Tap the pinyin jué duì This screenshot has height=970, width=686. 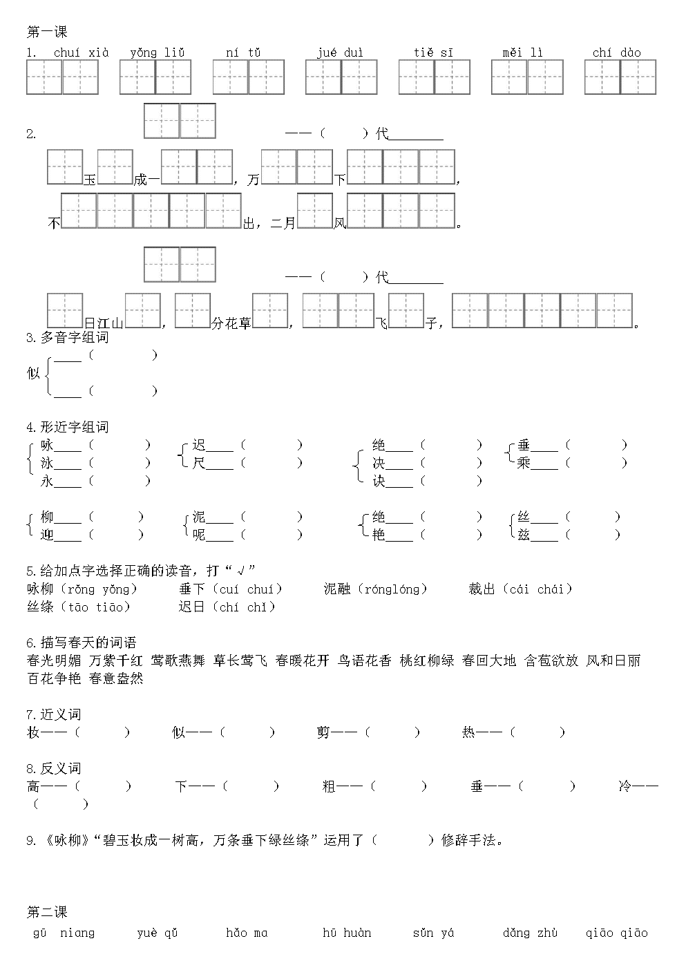tap(340, 53)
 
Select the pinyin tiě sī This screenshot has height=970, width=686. tap(433, 53)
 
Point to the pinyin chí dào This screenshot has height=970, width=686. tap(616, 53)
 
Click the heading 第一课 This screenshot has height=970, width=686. tap(47, 32)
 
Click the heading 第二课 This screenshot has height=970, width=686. tap(47, 912)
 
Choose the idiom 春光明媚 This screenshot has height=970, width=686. tap(54, 660)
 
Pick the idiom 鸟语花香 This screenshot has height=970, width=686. tap(364, 660)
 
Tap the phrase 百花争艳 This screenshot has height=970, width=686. tap(54, 678)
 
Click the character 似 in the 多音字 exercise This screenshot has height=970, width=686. tap(33, 373)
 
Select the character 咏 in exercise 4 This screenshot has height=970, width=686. tap(47, 445)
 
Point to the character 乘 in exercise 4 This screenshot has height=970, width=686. tap(524, 463)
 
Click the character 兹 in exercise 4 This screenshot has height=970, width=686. tap(524, 535)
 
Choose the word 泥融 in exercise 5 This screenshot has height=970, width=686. tap(337, 589)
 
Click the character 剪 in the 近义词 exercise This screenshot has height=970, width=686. tap(323, 732)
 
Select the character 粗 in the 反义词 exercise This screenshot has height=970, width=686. tap(329, 786)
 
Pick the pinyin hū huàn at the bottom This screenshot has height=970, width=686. tap(347, 933)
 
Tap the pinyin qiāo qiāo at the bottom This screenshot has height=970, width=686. tap(616, 933)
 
